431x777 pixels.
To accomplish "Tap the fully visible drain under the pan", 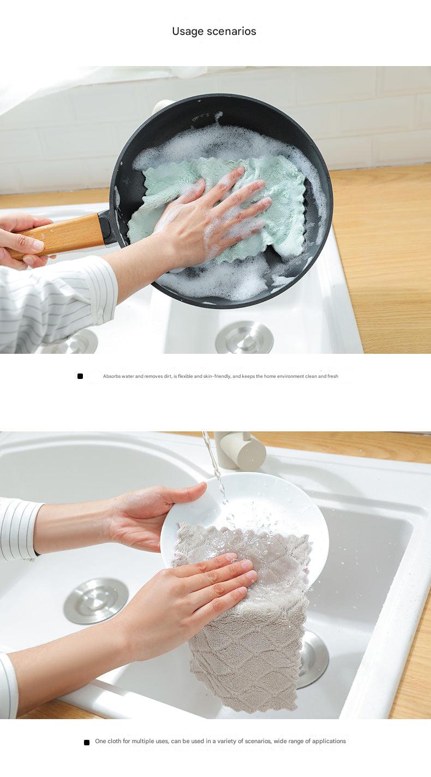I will [244, 337].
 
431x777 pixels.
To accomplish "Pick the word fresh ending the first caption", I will [332, 376].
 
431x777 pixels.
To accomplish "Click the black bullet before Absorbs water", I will [80, 376].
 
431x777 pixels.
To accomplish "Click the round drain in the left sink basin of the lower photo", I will [96, 601].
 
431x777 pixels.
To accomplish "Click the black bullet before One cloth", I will [87, 742].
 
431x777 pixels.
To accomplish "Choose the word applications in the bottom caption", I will [328, 741].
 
